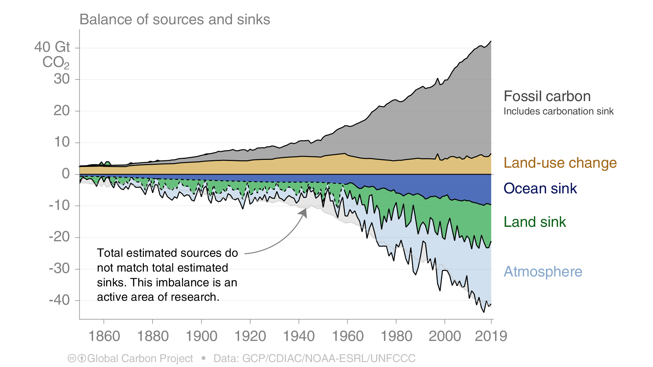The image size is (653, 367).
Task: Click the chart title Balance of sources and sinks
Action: (175, 20)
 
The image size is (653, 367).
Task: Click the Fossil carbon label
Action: (547, 97)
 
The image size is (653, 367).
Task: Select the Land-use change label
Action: (560, 163)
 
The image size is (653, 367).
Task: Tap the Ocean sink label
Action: (540, 189)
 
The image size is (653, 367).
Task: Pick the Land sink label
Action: (535, 222)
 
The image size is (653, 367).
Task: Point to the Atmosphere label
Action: (543, 272)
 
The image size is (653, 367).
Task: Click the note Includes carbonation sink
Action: (558, 112)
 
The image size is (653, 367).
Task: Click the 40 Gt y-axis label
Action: (52, 47)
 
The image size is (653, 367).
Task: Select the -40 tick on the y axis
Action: (59, 300)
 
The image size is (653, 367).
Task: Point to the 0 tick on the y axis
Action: (66, 174)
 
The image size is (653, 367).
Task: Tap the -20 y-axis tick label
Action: (59, 237)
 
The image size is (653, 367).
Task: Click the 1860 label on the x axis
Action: (104, 336)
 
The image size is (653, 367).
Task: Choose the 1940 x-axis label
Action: (299, 336)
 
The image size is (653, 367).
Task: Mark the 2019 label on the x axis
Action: (490, 336)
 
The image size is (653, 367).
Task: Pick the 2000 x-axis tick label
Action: (445, 336)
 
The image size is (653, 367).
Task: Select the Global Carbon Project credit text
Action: (140, 359)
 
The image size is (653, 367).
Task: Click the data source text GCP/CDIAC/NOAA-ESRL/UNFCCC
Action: (329, 359)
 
